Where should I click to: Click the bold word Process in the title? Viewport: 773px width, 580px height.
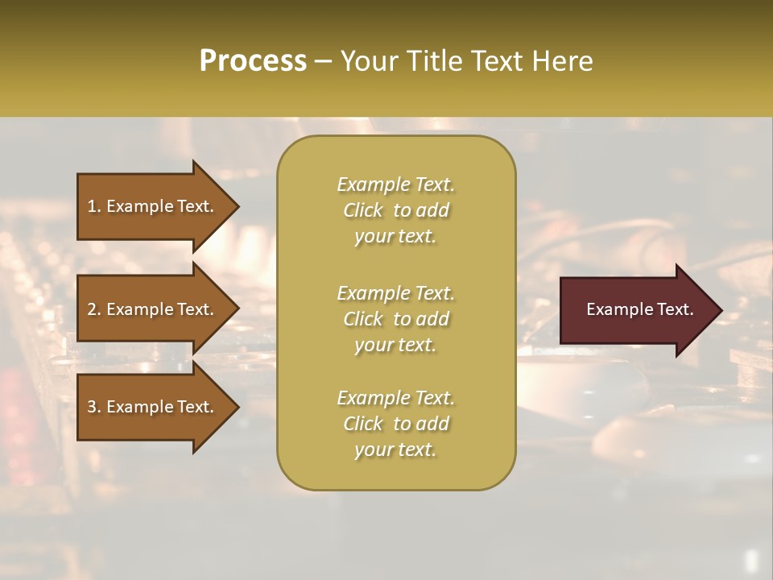click(x=253, y=61)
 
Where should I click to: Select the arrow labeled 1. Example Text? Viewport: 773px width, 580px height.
click(x=153, y=206)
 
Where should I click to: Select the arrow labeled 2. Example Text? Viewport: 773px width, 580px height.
click(x=153, y=309)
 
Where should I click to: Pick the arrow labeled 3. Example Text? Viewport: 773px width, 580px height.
click(x=153, y=407)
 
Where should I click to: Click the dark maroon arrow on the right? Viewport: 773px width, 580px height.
click(x=636, y=310)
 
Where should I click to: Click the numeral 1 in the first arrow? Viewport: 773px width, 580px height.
click(x=92, y=206)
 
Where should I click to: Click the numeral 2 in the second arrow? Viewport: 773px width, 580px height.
click(x=92, y=309)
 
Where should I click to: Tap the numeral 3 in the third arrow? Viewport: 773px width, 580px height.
click(x=92, y=407)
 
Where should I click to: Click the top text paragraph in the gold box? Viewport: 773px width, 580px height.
click(x=395, y=210)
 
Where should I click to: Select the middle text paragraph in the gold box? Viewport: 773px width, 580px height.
click(x=395, y=319)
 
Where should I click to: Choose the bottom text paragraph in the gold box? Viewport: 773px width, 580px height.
click(x=395, y=424)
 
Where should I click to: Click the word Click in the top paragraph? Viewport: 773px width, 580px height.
click(x=363, y=210)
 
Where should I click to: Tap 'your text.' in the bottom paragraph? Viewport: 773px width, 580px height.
click(x=395, y=449)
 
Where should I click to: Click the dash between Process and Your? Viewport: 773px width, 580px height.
click(x=324, y=62)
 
